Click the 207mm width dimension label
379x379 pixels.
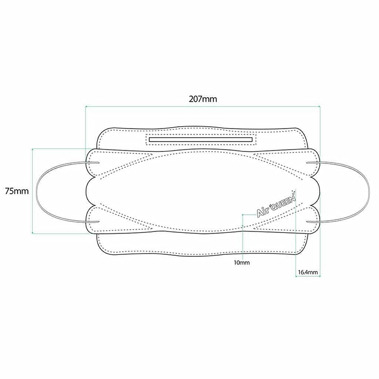(203, 99)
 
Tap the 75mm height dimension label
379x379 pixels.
(17, 191)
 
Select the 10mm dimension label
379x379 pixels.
(242, 262)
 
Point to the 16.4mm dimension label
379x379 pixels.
(308, 272)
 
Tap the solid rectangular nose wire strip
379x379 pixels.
(201, 140)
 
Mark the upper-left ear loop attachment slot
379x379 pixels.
(93, 162)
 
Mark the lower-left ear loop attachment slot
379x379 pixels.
(93, 221)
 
